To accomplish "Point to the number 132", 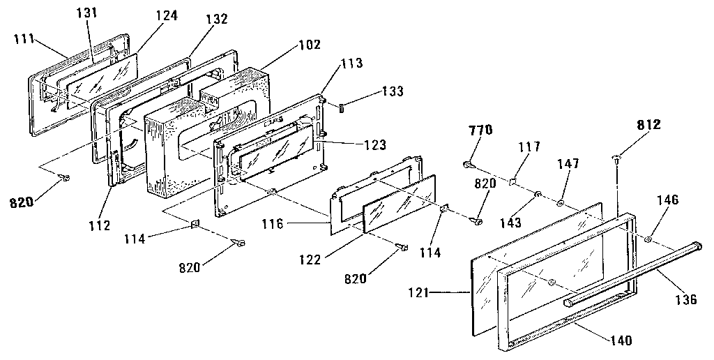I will pyautogui.click(x=216, y=20).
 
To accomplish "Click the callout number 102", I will pyautogui.click(x=308, y=45).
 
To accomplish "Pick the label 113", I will pyautogui.click(x=352, y=63).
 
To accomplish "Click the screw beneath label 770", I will pyautogui.click(x=468, y=165).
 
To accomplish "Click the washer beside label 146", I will pyautogui.click(x=649, y=239).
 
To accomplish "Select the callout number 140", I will pyautogui.click(x=620, y=340).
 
